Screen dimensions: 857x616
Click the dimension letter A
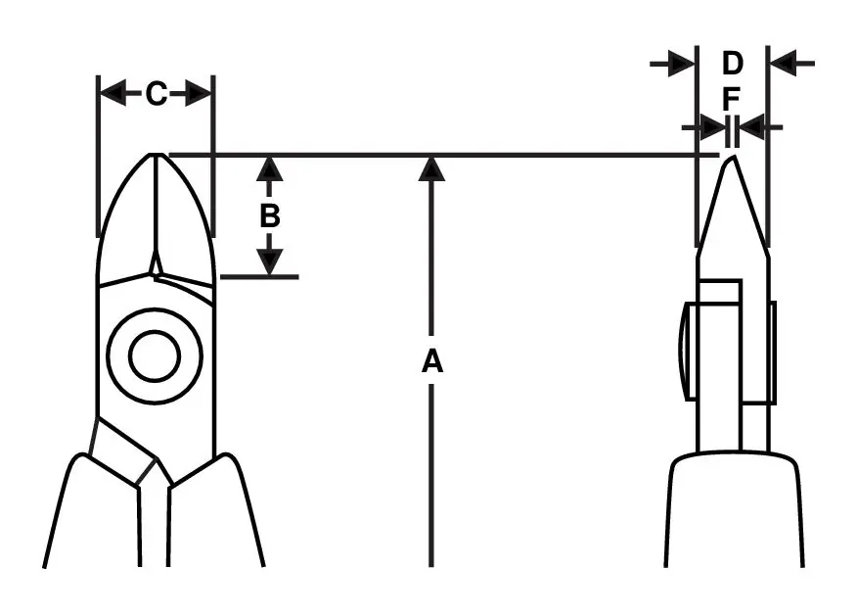pyautogui.click(x=431, y=361)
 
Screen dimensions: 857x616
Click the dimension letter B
pyautogui.click(x=269, y=216)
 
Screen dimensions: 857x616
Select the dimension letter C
pyautogui.click(x=157, y=94)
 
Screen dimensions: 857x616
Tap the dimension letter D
pyautogui.click(x=733, y=63)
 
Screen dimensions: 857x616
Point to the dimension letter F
pyautogui.click(x=731, y=99)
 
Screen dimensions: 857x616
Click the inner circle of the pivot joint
pyautogui.click(x=155, y=356)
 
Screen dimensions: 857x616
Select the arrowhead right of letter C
pyautogui.click(x=199, y=94)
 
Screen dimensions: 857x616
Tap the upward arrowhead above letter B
pyautogui.click(x=269, y=169)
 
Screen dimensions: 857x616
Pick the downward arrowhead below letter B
pyautogui.click(x=269, y=261)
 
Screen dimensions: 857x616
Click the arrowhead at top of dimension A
pyautogui.click(x=431, y=169)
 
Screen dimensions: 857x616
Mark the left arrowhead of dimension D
pyautogui.click(x=682, y=64)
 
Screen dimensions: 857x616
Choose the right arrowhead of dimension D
pyautogui.click(x=783, y=64)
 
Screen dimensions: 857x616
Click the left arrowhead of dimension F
pyautogui.click(x=712, y=127)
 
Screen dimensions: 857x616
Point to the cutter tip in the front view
pyautogui.click(x=156, y=155)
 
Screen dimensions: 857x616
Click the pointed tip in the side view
pyautogui.click(x=732, y=157)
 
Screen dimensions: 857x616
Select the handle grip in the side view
pyautogui.click(x=734, y=509)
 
